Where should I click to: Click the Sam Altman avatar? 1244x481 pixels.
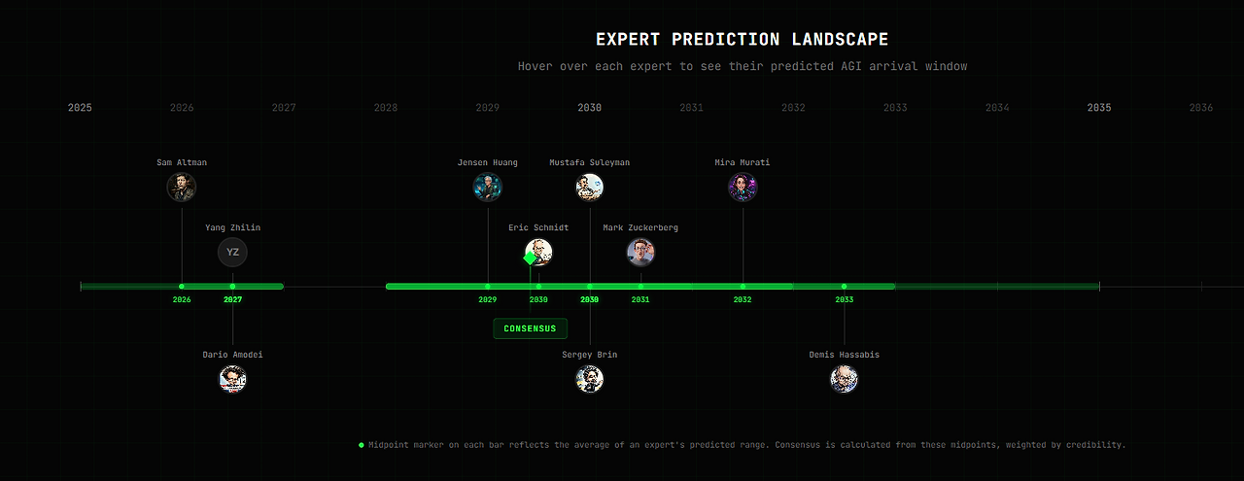click(182, 188)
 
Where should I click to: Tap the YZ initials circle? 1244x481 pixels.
click(232, 253)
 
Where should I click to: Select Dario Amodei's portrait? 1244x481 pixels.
click(232, 379)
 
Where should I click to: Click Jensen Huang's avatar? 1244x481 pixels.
click(488, 188)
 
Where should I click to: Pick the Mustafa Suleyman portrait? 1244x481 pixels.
click(589, 188)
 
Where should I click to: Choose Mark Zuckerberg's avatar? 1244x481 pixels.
click(640, 253)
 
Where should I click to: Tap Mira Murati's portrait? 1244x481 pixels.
click(743, 188)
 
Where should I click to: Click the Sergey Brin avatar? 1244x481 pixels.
click(589, 379)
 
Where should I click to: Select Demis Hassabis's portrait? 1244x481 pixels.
click(845, 379)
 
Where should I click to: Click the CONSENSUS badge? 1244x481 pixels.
click(531, 328)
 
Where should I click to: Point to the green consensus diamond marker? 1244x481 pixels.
click(530, 258)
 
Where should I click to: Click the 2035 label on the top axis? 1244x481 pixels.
click(1099, 108)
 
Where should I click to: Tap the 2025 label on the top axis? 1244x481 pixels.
click(80, 108)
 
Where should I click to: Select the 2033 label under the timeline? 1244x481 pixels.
click(845, 300)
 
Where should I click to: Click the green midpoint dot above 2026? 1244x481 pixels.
click(182, 287)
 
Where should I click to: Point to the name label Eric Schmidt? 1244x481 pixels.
click(538, 227)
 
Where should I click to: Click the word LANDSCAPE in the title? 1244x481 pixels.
click(840, 40)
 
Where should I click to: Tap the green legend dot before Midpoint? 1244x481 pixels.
click(362, 445)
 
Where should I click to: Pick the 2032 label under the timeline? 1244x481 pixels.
click(743, 300)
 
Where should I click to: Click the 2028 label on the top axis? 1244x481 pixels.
click(386, 108)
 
